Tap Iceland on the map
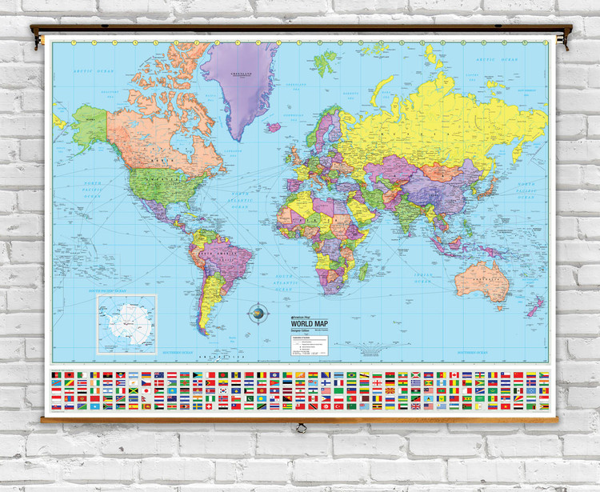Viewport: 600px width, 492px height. (x=274, y=126)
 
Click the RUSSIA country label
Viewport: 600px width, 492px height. (x=448, y=120)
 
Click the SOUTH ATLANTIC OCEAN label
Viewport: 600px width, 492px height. (x=285, y=279)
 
